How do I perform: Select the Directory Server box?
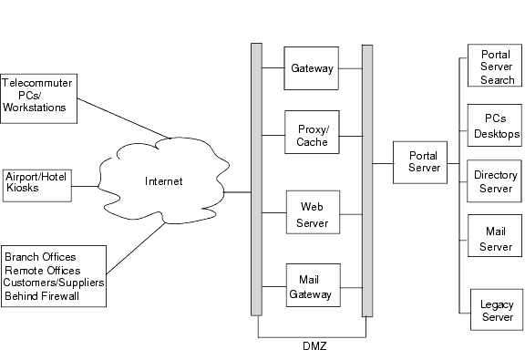(496, 181)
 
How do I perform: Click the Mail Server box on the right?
(496, 239)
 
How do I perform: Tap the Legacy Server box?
(498, 310)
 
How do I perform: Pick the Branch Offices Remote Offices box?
(54, 275)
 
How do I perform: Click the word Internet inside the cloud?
(164, 181)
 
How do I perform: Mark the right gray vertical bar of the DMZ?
(367, 179)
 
